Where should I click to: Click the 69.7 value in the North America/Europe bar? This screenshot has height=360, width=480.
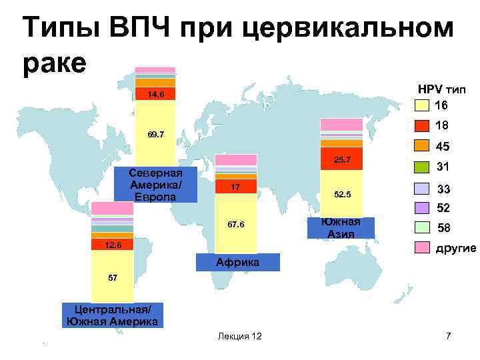(155, 135)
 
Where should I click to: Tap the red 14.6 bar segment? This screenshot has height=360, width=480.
(155, 94)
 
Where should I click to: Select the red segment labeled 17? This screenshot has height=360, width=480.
(235, 187)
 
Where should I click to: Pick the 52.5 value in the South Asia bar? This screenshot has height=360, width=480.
(341, 194)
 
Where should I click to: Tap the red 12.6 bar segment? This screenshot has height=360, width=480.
(113, 245)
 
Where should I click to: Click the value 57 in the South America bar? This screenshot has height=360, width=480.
(113, 276)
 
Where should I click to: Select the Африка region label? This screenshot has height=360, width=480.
(238, 262)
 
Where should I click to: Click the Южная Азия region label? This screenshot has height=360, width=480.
(341, 227)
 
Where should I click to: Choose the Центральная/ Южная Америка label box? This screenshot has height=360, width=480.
(112, 315)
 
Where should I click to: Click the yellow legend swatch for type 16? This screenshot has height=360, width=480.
(421, 105)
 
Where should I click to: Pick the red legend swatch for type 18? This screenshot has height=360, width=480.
(421, 125)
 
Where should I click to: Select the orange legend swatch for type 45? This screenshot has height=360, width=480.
(421, 146)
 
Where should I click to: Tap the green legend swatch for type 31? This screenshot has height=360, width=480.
(421, 167)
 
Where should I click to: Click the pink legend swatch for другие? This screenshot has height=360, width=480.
(421, 248)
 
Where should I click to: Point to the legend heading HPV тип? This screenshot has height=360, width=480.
(442, 89)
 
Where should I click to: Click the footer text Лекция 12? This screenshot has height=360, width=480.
(239, 336)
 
